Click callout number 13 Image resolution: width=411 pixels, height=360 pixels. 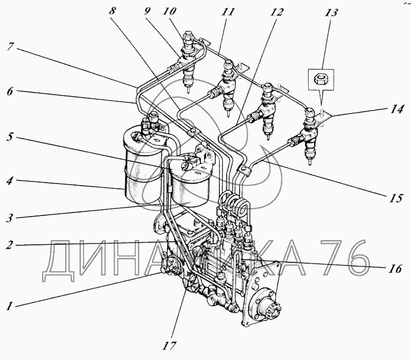click(x=327, y=10)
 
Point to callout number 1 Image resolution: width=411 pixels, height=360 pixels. click(x=9, y=305)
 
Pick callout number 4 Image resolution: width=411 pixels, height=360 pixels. click(x=10, y=182)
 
